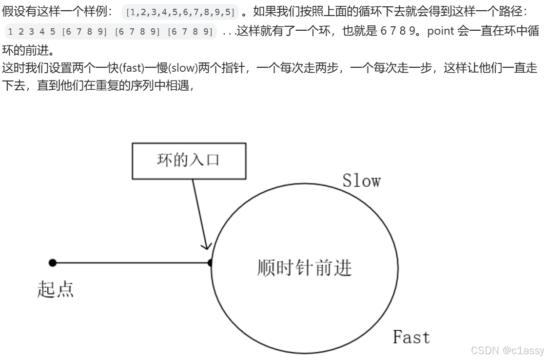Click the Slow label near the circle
(361, 180)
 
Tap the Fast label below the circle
(411, 337)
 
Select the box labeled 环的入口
(189, 160)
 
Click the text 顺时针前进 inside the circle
(304, 268)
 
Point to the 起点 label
(56, 289)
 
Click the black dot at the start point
(53, 263)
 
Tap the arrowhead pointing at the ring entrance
(207, 243)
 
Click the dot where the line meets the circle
(211, 263)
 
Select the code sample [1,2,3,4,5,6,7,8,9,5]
(180, 11)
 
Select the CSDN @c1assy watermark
(507, 350)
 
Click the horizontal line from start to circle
(132, 263)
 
